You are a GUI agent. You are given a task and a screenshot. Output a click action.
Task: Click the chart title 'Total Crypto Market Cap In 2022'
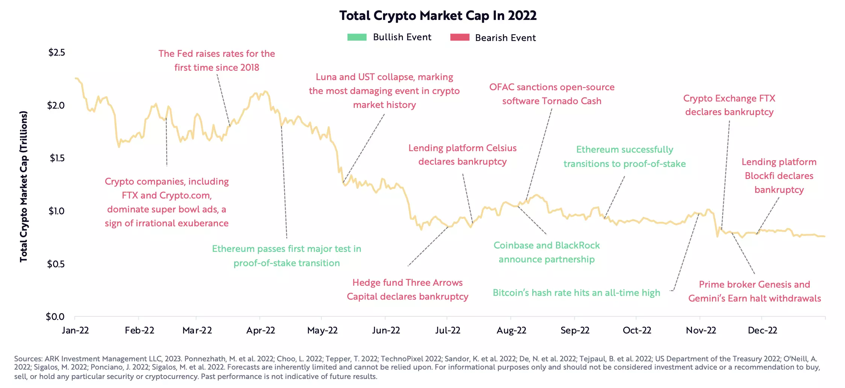click(x=438, y=15)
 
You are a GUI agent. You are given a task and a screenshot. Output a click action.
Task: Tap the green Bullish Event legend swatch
click(x=357, y=37)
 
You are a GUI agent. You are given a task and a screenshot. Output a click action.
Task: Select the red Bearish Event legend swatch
click(x=460, y=37)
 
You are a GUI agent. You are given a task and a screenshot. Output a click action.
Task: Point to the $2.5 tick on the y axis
click(x=57, y=52)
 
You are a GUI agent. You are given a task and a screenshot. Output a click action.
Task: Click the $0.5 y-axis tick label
click(x=56, y=264)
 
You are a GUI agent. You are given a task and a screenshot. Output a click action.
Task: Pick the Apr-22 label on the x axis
click(x=260, y=330)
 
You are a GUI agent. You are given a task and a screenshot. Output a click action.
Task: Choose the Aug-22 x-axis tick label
click(x=511, y=330)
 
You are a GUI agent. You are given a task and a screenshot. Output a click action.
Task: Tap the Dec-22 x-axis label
click(x=762, y=330)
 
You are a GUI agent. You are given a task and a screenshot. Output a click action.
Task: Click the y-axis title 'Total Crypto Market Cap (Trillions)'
click(x=24, y=186)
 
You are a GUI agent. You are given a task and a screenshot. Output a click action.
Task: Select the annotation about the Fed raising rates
click(x=217, y=61)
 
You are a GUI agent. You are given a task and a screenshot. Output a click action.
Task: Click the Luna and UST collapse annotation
click(x=384, y=91)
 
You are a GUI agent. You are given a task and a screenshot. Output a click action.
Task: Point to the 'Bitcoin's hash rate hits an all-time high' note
click(x=576, y=293)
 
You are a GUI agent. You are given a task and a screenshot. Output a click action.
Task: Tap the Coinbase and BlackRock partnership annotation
click(x=547, y=252)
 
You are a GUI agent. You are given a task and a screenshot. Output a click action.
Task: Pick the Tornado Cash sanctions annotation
click(x=552, y=94)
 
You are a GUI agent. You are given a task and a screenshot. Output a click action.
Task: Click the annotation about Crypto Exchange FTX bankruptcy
click(x=729, y=105)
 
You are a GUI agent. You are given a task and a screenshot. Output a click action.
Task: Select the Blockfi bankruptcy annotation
click(x=779, y=176)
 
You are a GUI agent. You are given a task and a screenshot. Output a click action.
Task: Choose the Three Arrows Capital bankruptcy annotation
click(x=407, y=289)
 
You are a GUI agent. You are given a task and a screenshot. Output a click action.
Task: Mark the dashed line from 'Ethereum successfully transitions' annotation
click(x=615, y=197)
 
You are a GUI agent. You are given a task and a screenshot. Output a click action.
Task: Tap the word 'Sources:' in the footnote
click(x=28, y=359)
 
